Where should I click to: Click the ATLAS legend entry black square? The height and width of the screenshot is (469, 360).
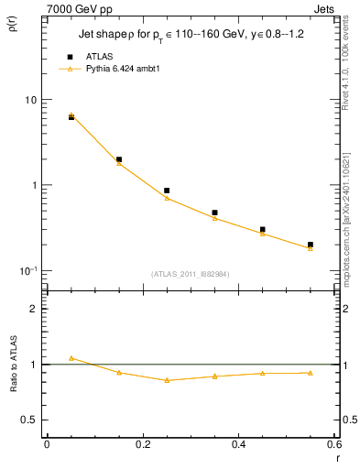pos(71,56)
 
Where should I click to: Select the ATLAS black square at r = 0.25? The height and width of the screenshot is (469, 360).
pos(167,191)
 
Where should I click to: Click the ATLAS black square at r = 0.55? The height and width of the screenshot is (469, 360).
pos(311,245)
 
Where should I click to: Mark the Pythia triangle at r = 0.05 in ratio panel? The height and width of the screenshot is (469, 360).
pos(71,358)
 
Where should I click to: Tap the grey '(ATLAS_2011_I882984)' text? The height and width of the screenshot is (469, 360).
pos(191,273)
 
